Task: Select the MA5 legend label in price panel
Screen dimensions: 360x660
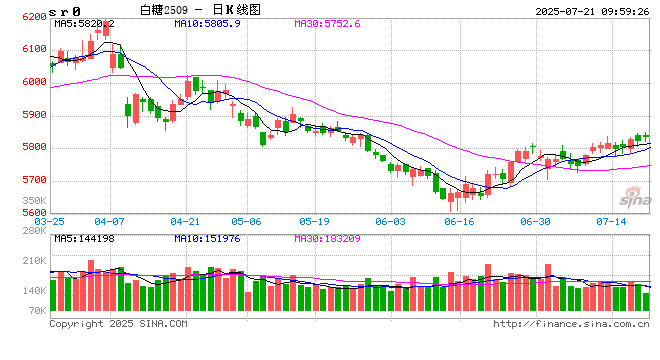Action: coord(84,22)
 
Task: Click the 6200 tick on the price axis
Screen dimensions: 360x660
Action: coord(32,17)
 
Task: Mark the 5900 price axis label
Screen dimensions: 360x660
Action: coord(32,115)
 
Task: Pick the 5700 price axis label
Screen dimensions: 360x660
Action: coord(32,180)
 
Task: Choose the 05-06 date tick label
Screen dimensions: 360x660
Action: coord(245,221)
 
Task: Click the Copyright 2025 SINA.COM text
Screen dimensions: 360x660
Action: coord(118,324)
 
